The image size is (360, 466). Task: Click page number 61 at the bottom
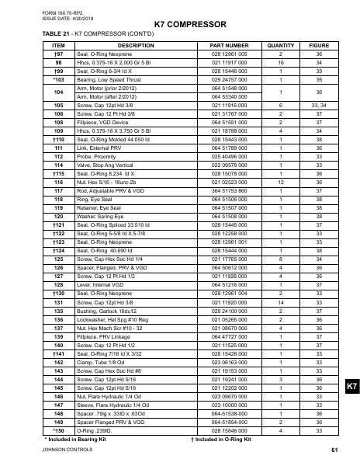[334, 450]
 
